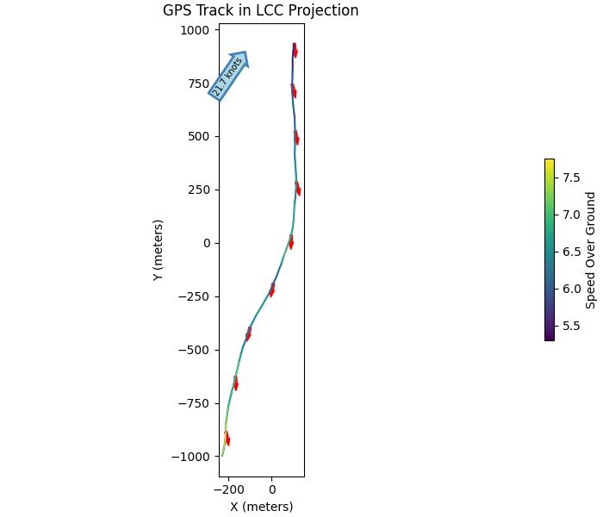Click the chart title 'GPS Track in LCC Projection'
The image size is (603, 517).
click(260, 11)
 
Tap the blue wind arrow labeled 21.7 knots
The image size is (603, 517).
click(228, 76)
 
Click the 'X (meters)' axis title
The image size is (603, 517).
click(261, 507)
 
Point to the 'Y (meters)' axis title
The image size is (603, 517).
click(159, 250)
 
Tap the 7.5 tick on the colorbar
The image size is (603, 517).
click(572, 178)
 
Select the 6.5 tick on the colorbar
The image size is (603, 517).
click(572, 252)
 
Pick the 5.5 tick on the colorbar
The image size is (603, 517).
click(572, 326)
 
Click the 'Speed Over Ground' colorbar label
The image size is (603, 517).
click(591, 250)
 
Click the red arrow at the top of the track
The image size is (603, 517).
click(295, 51)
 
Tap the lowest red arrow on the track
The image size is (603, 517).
click(227, 439)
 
